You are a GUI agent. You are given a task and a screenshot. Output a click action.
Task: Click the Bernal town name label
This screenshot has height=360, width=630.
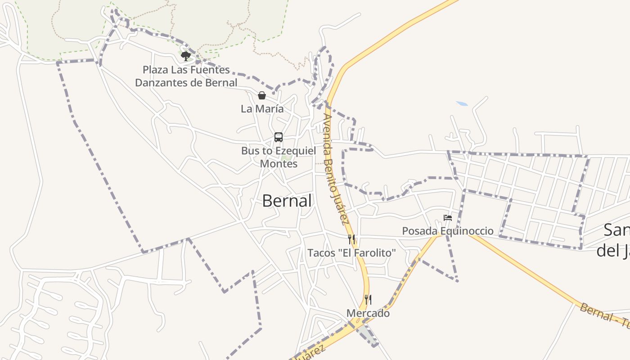pyautogui.click(x=287, y=201)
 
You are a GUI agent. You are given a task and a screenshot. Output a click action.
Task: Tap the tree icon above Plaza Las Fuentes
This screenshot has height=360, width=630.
pyautogui.click(x=185, y=56)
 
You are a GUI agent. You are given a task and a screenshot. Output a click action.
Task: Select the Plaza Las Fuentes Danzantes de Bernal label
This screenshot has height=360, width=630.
pyautogui.click(x=186, y=76)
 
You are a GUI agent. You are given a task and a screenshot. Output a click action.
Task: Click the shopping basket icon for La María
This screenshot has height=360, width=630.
pyautogui.click(x=261, y=95)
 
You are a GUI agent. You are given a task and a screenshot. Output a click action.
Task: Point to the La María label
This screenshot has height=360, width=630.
pyautogui.click(x=262, y=109)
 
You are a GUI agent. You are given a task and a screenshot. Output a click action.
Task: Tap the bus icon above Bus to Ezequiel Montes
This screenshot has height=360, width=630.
pyautogui.click(x=279, y=137)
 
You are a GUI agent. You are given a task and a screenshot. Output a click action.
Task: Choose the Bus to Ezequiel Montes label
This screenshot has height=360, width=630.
pyautogui.click(x=279, y=157)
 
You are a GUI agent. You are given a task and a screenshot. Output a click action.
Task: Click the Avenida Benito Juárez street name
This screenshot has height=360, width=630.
pyautogui.click(x=336, y=169)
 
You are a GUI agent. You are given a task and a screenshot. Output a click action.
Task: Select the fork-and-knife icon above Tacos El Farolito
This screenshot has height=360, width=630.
pyautogui.click(x=351, y=239)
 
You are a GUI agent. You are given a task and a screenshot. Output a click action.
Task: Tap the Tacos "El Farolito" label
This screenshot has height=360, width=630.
pyautogui.click(x=351, y=253)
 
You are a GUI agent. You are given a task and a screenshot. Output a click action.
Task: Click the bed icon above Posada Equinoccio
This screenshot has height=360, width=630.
pyautogui.click(x=447, y=218)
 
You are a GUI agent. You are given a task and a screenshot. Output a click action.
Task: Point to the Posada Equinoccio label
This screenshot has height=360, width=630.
pyautogui.click(x=447, y=231)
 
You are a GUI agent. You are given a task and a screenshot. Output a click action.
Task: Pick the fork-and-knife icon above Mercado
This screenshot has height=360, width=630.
pyautogui.click(x=368, y=299)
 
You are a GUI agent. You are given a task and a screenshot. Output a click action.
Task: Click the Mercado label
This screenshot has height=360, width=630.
pyautogui.click(x=368, y=313)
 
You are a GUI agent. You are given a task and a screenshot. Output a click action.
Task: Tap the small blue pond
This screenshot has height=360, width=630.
pyautogui.click(x=462, y=104)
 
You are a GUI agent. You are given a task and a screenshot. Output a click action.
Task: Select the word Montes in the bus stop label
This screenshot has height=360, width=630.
pyautogui.click(x=279, y=163)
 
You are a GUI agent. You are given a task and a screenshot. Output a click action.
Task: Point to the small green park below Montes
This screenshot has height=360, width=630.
pyautogui.click(x=286, y=157)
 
